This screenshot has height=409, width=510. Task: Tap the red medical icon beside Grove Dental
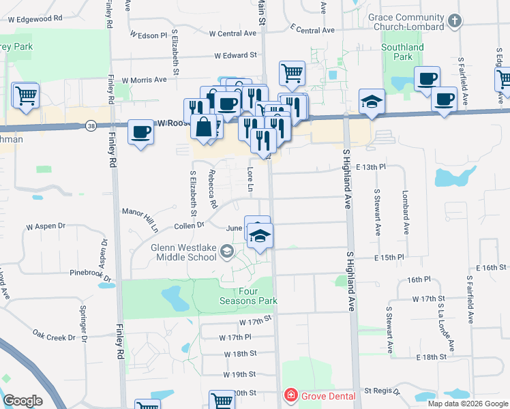[290, 395]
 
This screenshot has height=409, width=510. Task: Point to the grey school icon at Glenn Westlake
[226, 254]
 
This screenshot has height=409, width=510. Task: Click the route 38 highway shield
[91, 125]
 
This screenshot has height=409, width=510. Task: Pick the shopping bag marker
[204, 126]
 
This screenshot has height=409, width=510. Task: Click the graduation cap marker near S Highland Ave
[372, 102]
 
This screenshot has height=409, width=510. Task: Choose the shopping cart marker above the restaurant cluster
[292, 72]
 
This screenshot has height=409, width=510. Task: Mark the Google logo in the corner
[23, 401]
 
